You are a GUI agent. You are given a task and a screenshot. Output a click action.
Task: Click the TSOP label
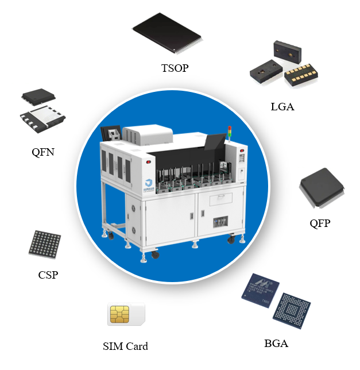175,68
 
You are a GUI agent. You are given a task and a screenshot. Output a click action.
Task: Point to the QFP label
320,223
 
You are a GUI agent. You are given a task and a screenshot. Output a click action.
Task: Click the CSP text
48,275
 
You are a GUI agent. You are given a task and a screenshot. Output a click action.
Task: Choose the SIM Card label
125,346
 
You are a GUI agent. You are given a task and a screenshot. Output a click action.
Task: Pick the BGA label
276,344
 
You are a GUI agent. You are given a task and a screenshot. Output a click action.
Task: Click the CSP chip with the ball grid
45,244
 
